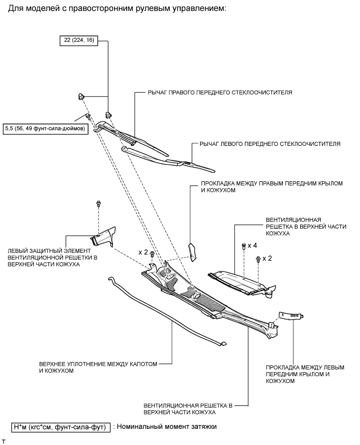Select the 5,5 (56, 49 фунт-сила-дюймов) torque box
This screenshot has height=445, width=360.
coord(46,127)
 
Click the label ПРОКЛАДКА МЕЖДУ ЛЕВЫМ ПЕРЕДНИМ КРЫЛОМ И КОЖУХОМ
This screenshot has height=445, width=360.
coord(305,374)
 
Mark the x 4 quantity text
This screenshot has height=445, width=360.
coord(253,245)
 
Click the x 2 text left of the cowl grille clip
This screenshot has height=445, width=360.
coord(143,252)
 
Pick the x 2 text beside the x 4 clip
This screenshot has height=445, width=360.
coord(267,258)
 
